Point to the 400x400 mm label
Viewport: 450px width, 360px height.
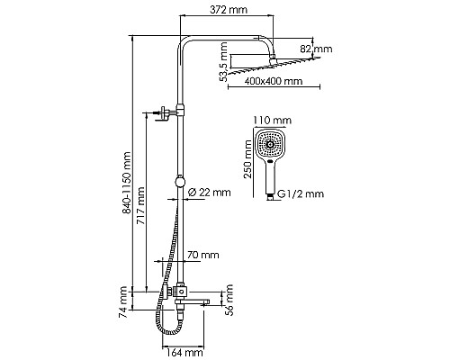pos(273,82)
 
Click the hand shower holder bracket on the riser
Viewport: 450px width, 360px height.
pos(167,114)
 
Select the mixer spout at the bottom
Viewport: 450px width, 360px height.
pos(205,293)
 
